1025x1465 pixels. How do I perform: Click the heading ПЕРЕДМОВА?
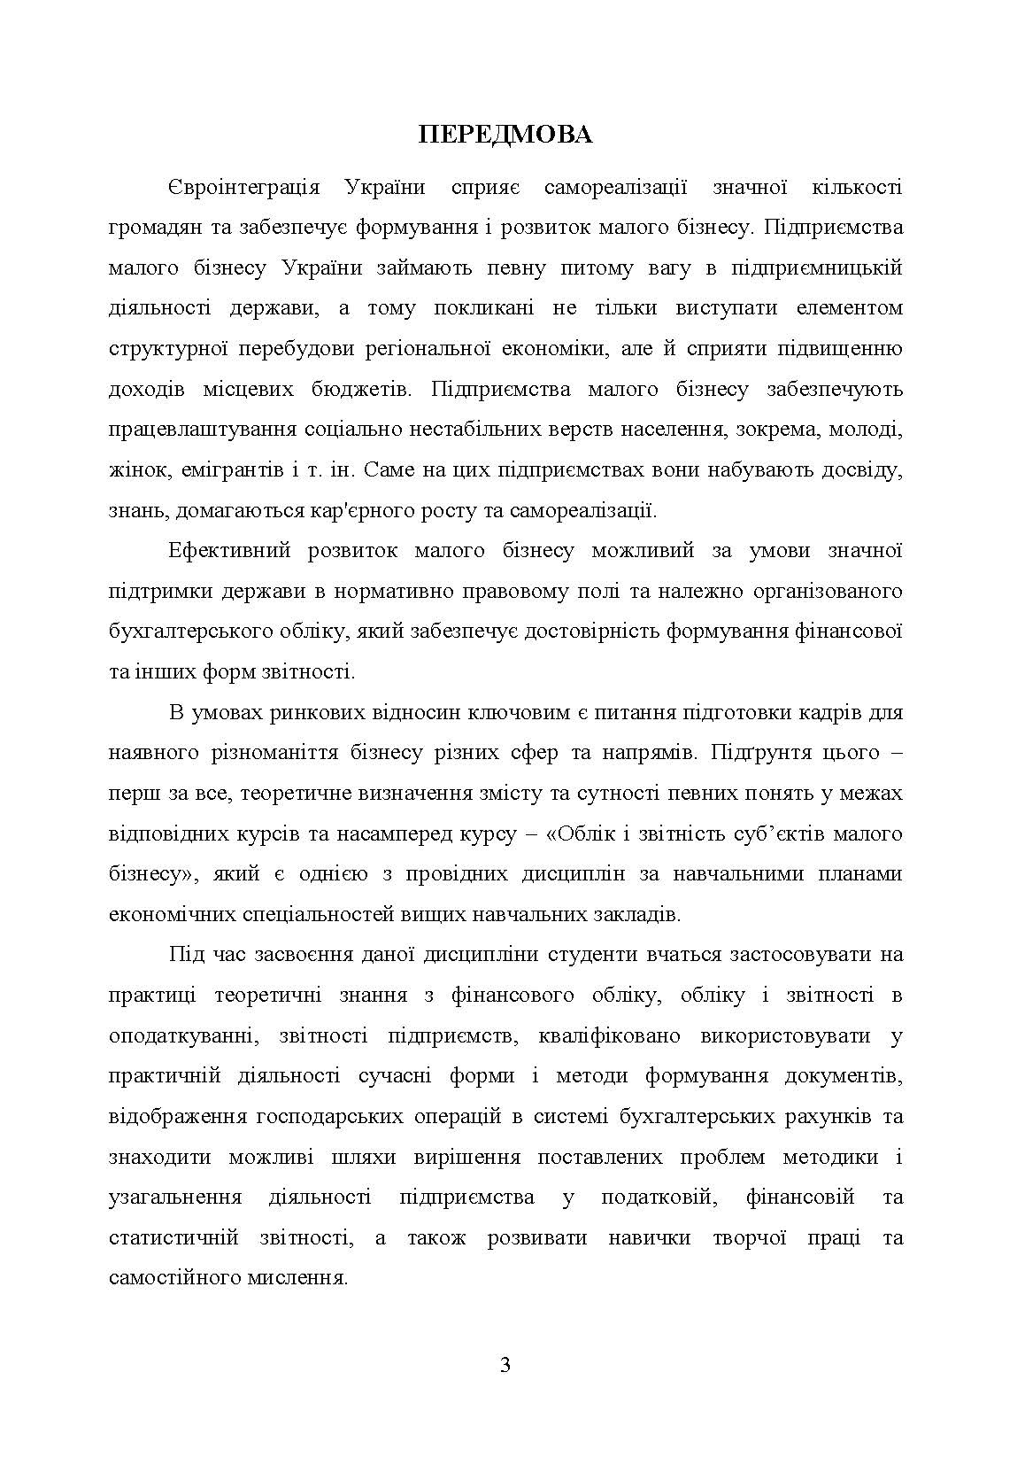[505, 135]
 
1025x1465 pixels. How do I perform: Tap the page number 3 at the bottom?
[505, 1364]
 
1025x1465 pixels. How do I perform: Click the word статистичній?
[173, 1237]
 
